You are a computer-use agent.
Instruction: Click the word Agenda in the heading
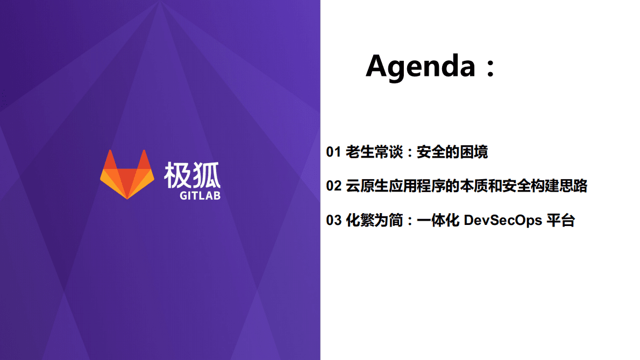(x=421, y=67)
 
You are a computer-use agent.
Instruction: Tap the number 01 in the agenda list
(x=333, y=152)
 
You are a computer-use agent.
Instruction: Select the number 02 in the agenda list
(x=333, y=186)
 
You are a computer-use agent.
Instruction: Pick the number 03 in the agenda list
(x=333, y=220)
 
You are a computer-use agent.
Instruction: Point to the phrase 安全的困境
(x=452, y=152)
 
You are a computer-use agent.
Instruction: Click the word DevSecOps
(x=502, y=220)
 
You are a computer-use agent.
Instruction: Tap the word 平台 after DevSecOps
(x=561, y=220)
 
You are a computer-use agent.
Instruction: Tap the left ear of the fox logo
(x=110, y=160)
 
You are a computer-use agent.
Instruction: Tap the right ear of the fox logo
(x=145, y=160)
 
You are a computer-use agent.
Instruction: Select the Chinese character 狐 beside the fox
(x=207, y=173)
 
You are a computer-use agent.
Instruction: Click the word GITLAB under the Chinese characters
(x=200, y=195)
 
